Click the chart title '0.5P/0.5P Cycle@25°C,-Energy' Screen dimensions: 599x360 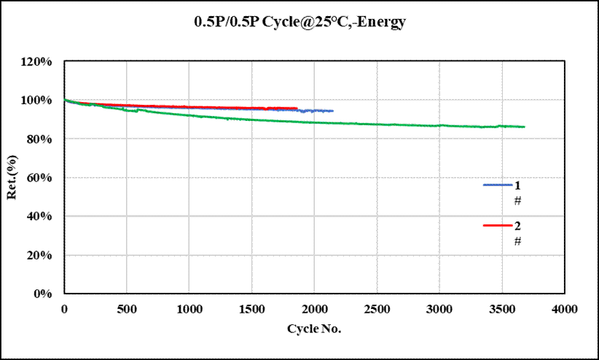[300, 21]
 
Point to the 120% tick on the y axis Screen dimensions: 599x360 [36, 61]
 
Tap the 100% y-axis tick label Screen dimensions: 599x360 [36, 100]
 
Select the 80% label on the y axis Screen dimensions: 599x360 [39, 139]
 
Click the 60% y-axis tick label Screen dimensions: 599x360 [39, 178]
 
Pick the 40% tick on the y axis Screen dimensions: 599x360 [39, 216]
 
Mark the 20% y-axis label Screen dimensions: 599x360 [39, 255]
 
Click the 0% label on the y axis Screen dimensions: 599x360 [43, 294]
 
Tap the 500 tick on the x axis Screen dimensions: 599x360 [127, 309]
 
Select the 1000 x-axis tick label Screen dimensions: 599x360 [189, 309]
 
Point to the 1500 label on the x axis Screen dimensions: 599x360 [252, 309]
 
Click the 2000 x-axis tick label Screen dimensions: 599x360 [315, 309]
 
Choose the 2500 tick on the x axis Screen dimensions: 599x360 [377, 309]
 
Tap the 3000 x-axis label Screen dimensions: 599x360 [439, 309]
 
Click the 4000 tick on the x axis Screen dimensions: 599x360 [565, 309]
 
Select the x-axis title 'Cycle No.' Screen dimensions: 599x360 [314, 329]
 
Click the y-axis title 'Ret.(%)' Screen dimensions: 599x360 [12, 177]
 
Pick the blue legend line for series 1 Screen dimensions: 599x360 [498, 185]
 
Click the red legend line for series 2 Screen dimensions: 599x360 [498, 225]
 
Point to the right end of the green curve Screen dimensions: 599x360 [525, 127]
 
